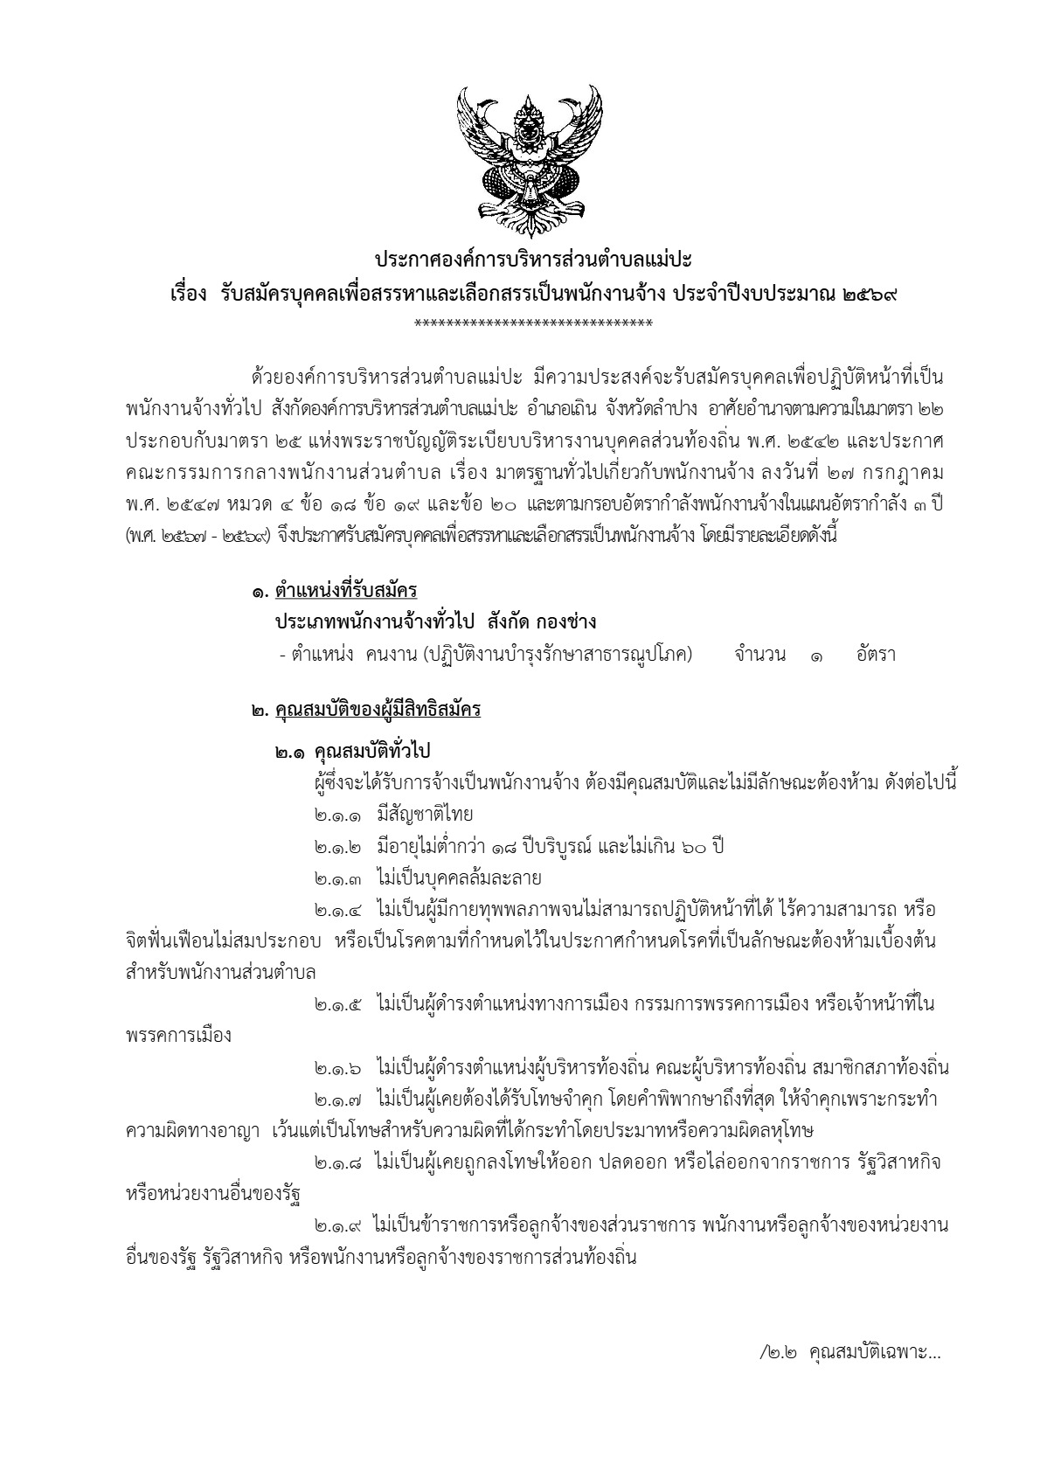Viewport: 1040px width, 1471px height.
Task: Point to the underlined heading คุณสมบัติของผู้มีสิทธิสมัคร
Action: coord(378,711)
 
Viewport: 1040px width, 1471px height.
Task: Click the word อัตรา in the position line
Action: coord(876,654)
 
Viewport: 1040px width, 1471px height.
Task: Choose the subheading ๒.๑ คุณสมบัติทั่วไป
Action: coord(354,751)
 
